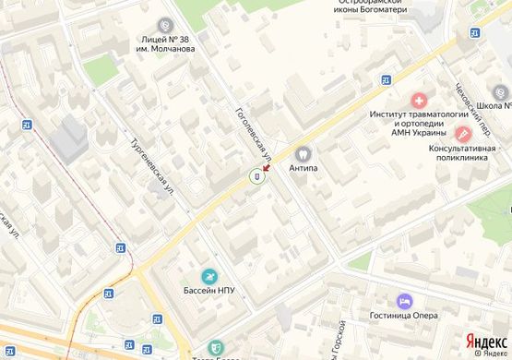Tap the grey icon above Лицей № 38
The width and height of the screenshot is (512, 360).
point(166,24)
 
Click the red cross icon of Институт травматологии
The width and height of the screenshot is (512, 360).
point(420,99)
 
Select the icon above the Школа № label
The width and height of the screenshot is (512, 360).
point(501,92)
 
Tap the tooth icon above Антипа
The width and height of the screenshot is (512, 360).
point(303,153)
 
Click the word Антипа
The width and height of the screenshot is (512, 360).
point(303,169)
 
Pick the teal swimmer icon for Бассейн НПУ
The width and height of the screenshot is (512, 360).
point(209,275)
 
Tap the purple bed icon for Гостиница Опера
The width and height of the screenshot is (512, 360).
point(402,300)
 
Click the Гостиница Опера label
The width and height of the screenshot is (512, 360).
point(406,317)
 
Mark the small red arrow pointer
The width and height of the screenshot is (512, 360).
point(267,167)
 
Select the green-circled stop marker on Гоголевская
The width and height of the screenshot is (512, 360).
point(256,176)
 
